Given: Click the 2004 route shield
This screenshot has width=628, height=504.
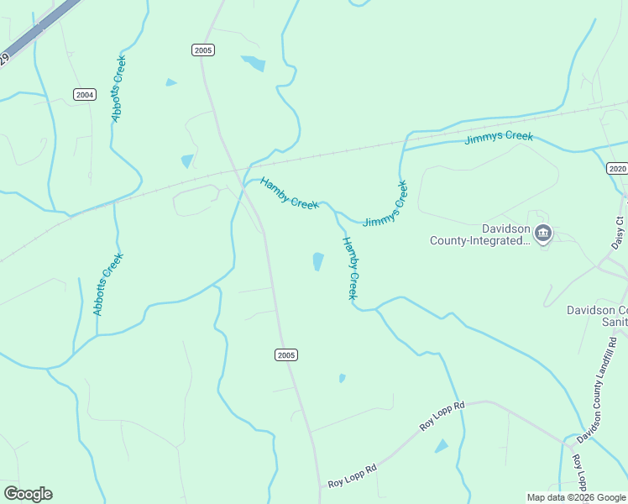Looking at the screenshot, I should coord(84,94).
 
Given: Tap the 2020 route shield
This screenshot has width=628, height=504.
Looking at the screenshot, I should coord(617,169).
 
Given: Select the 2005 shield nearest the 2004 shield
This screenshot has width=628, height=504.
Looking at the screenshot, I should coord(202,50).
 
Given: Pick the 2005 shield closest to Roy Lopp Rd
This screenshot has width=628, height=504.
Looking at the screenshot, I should coord(286,355).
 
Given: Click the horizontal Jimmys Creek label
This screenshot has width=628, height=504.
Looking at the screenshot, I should coord(499,137).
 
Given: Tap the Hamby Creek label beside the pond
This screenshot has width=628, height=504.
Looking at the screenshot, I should coord(351,268).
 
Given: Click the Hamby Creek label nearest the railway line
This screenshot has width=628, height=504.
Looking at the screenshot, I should coord(289,194).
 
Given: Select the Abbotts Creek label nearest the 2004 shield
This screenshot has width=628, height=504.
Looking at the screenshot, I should coord(118,90).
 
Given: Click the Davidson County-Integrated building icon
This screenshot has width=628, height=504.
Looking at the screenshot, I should coord(543,233).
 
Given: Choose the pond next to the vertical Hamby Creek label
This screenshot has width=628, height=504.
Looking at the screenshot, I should coord(318,262).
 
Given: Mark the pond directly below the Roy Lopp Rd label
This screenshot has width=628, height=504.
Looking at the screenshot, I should coord(442,446).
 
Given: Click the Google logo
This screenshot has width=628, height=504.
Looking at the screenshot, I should coord(28,494).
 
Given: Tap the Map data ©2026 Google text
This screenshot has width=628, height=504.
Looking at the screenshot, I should coord(576,497).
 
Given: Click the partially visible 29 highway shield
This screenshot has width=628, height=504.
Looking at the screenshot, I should coord(3,59).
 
